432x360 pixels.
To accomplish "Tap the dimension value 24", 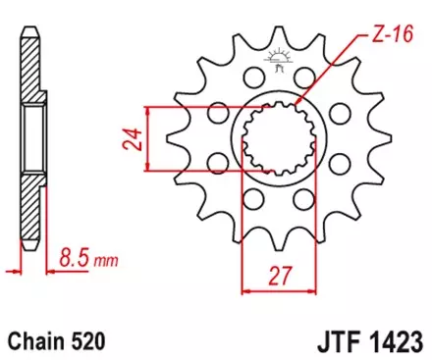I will click(128, 137).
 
